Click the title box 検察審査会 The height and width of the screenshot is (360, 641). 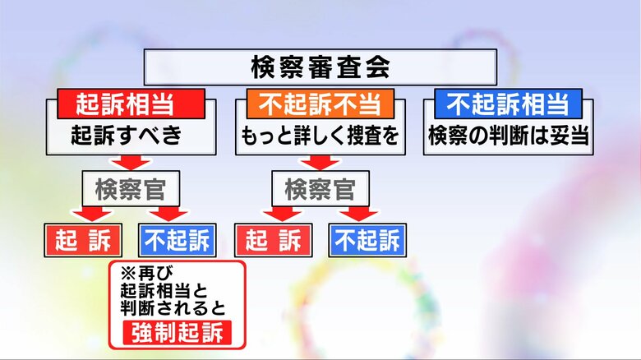320,67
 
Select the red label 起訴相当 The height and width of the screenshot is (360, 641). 130,104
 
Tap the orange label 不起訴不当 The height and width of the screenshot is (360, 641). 320,104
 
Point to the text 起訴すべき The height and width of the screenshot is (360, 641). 126,136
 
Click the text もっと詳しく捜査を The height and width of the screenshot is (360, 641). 320,136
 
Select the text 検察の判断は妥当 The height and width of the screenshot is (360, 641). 509,136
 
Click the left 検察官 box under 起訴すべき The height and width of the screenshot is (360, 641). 130,190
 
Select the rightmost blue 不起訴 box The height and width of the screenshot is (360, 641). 367,240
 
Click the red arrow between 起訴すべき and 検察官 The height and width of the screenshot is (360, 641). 130,163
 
